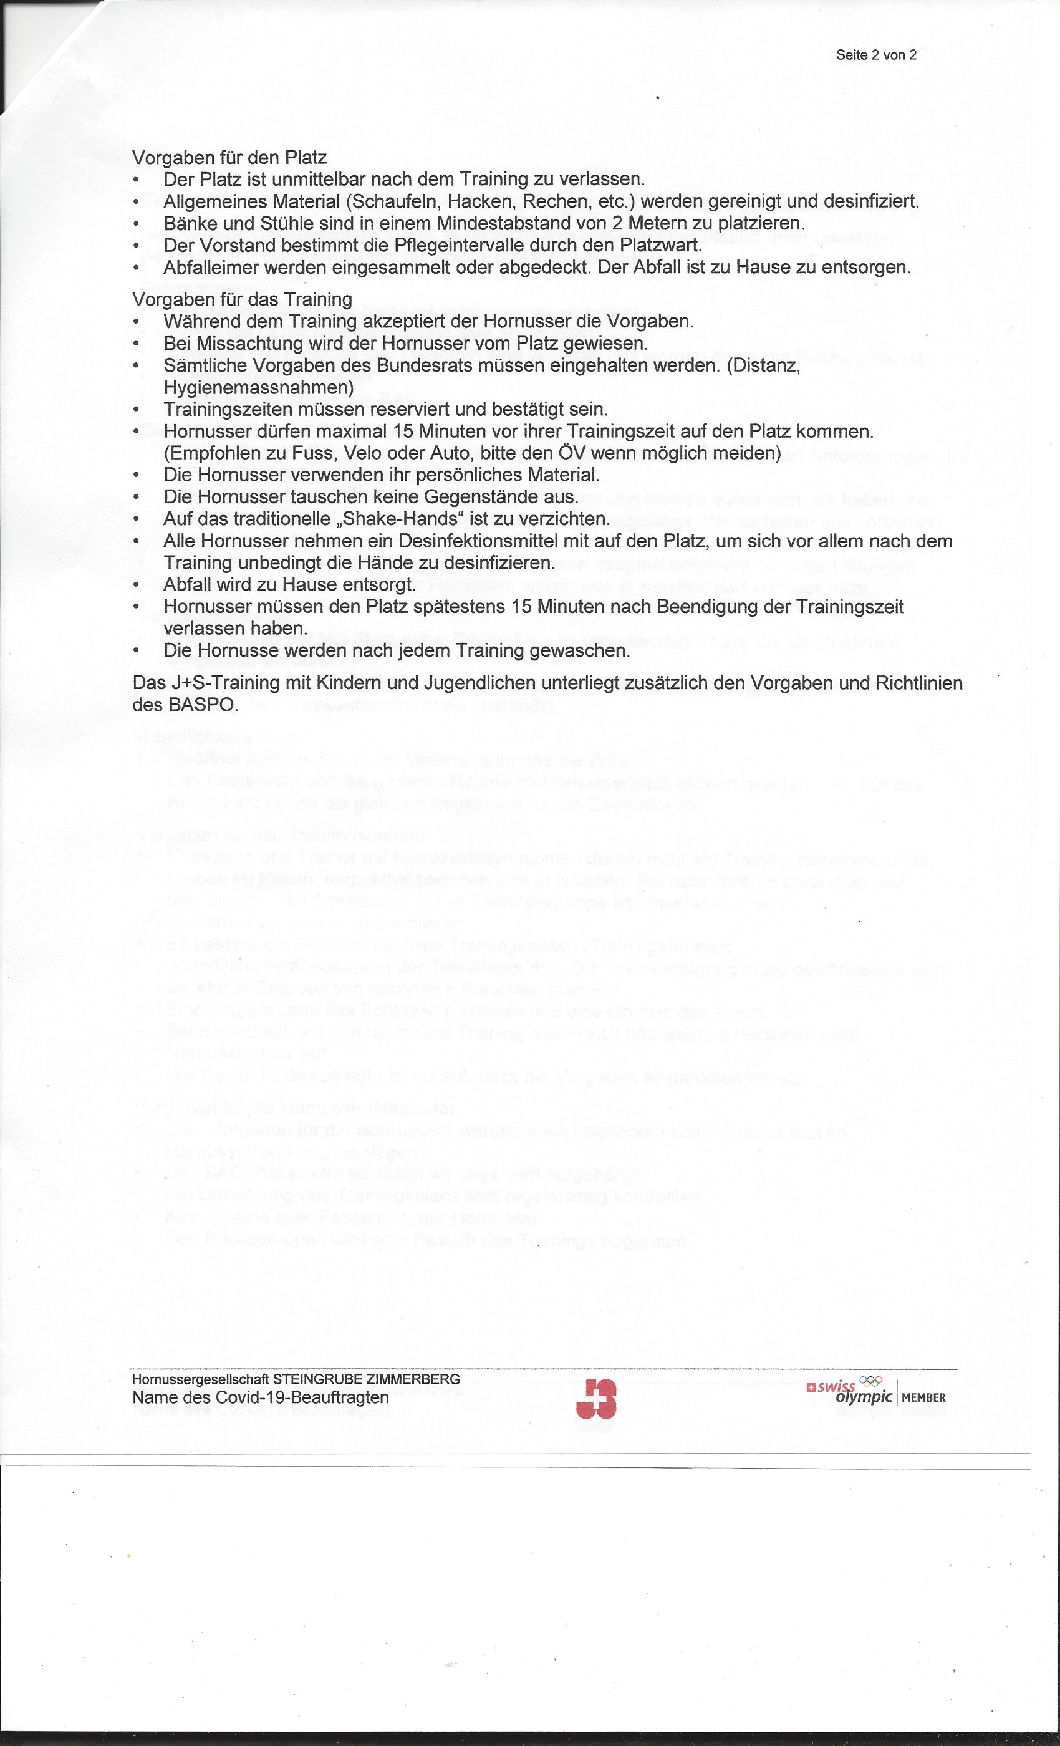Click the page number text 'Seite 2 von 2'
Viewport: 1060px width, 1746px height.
click(876, 55)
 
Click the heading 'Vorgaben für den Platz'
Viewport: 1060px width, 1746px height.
click(229, 157)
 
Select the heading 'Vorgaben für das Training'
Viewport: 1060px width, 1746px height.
click(243, 300)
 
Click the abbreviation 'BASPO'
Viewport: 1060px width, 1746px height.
click(200, 705)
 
